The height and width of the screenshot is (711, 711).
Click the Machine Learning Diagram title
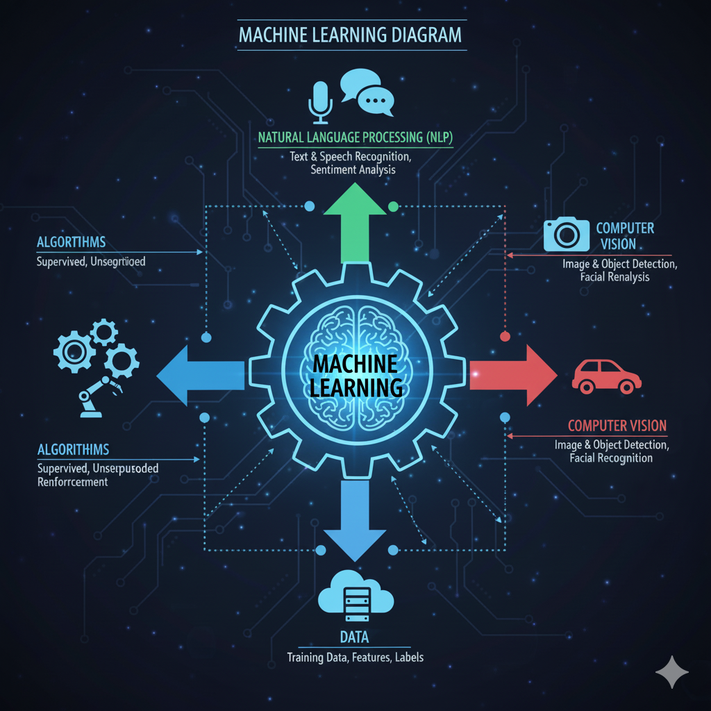pos(350,34)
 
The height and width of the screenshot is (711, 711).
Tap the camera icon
pos(566,235)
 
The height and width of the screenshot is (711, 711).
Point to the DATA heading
pos(354,637)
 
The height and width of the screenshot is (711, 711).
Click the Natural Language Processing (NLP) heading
pos(355,137)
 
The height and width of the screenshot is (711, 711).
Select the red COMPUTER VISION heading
pos(617,425)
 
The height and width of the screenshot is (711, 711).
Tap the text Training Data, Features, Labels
pos(355,657)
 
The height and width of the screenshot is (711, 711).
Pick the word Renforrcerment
pos(72,482)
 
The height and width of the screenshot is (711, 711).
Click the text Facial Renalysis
pos(614,277)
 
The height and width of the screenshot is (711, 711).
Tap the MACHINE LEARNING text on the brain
pos(355,375)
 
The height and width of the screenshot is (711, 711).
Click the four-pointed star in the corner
pos(672,672)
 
